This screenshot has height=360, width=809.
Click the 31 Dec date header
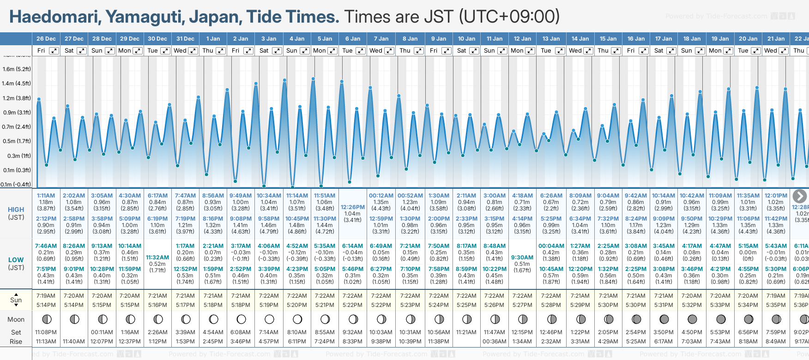point(185,39)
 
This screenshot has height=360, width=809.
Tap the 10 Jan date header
point(466,39)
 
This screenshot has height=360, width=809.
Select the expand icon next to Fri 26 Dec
point(54,51)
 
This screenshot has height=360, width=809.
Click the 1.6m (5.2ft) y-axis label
point(17,69)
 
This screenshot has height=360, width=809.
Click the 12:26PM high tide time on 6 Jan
point(353,207)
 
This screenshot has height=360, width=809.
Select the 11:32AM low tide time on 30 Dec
point(157,258)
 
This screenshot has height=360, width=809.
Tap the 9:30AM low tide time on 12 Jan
point(522,258)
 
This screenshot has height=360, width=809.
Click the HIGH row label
point(16,210)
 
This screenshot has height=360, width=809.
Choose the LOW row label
point(16,260)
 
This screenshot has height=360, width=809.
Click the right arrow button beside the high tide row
point(799,196)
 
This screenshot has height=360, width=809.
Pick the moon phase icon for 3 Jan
point(269,319)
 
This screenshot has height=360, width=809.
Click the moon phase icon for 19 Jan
point(720,319)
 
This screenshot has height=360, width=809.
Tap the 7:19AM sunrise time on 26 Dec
point(46,296)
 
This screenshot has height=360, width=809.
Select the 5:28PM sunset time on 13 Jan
point(551,305)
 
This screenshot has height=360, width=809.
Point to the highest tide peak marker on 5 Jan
point(313,79)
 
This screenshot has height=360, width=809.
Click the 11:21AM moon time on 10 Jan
point(466,332)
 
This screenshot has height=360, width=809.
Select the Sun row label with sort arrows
point(16,300)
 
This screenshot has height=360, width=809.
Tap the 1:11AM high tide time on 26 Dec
point(46,196)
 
